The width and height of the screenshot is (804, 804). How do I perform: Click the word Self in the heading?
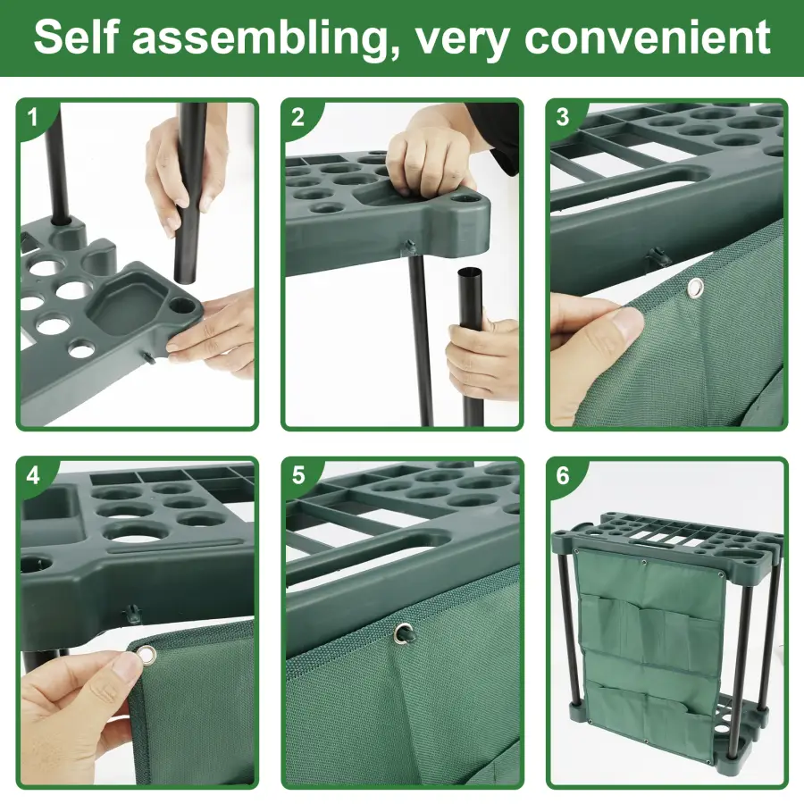point(77,37)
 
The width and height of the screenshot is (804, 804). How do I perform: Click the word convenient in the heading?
point(647,38)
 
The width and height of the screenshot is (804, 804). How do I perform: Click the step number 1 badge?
point(33,117)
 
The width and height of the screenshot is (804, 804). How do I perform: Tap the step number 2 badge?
point(297,117)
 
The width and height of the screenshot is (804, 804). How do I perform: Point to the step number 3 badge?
point(563,117)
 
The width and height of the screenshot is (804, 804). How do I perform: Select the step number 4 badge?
point(33,475)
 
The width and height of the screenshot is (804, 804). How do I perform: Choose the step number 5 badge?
point(297,475)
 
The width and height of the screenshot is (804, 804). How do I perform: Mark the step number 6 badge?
point(563,475)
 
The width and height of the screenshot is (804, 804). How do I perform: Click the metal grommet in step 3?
point(695,289)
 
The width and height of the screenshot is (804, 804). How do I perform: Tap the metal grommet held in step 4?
point(147,656)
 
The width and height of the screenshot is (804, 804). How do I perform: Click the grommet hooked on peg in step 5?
point(404,632)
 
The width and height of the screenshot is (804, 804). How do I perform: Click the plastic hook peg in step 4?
point(132,612)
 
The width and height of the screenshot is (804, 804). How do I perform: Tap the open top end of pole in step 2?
point(471,272)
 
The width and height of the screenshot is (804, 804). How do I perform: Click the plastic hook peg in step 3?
point(657,255)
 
